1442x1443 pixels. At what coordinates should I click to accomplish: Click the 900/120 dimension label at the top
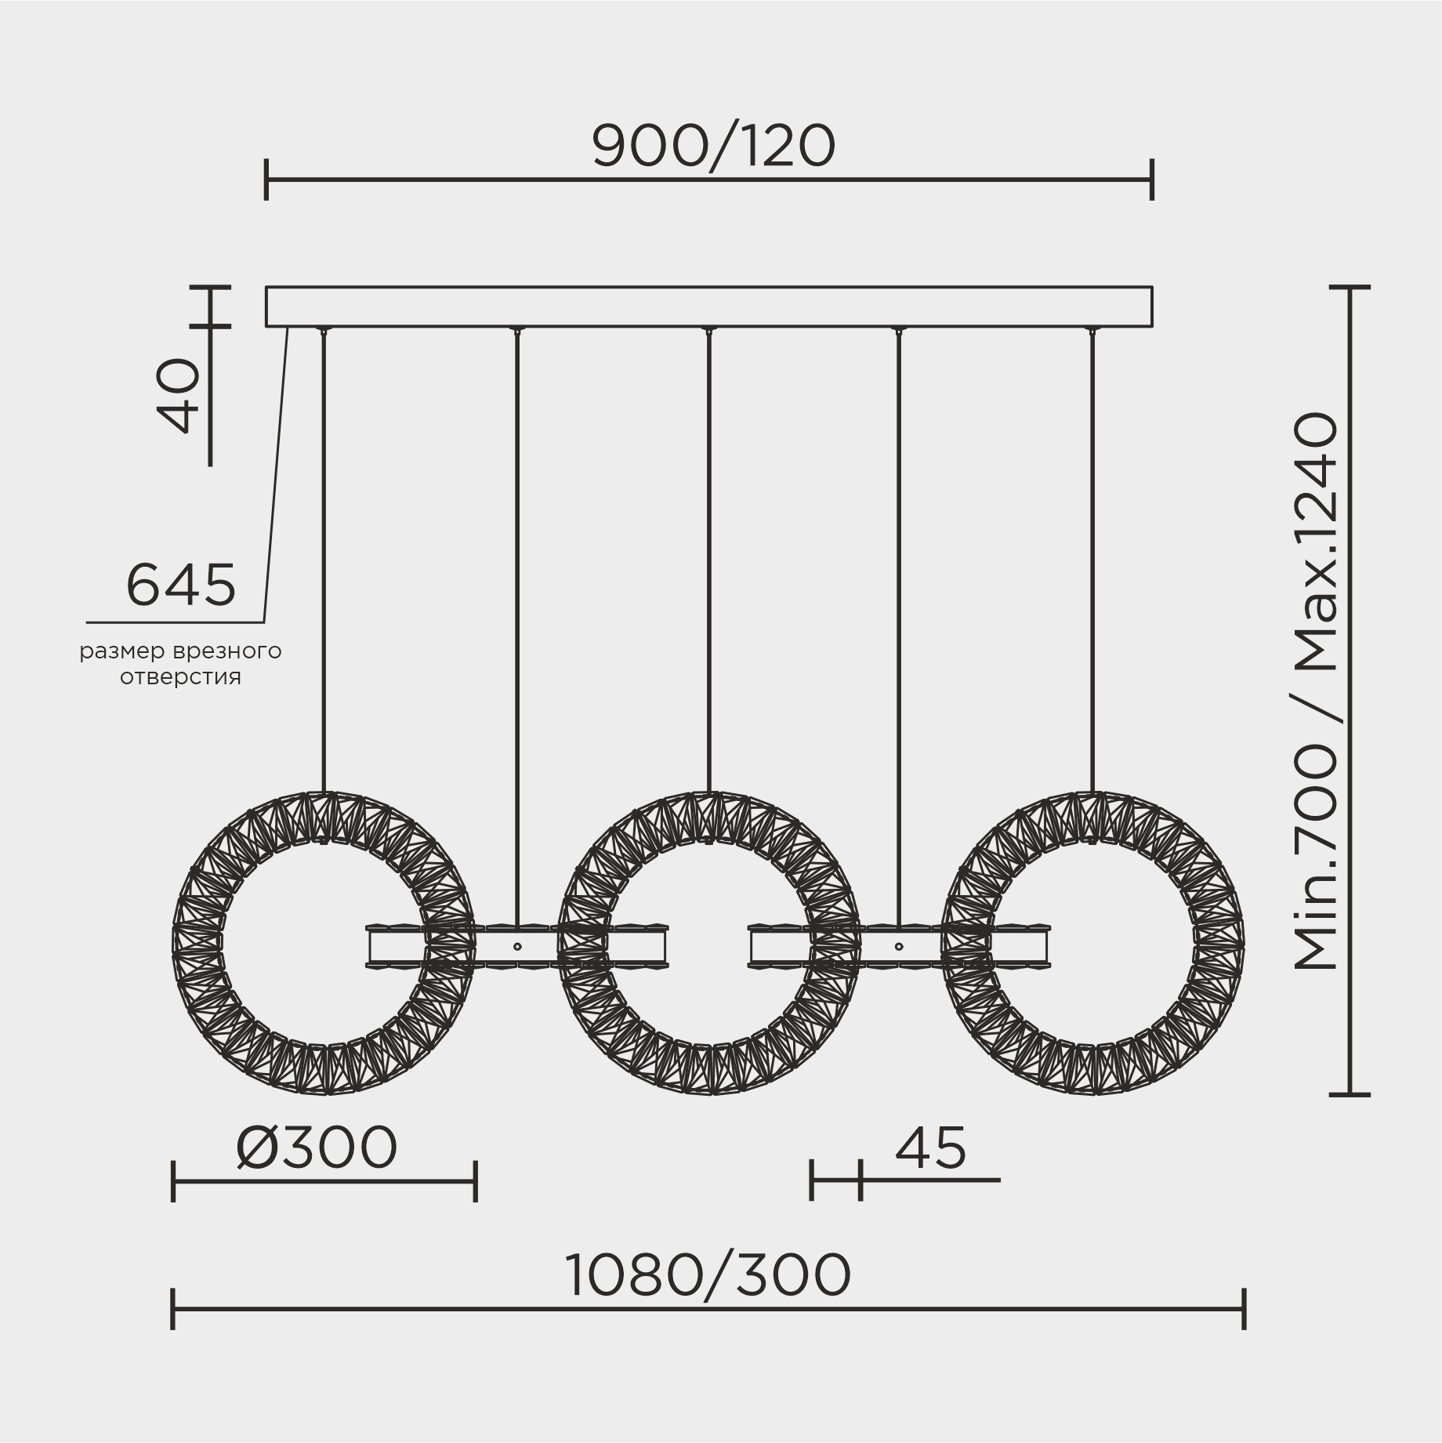713,147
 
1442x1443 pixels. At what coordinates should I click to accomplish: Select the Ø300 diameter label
317,1148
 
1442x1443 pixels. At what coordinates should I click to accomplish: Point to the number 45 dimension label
930,1148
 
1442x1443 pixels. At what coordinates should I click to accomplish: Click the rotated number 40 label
179,395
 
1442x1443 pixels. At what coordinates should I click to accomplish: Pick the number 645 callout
181,586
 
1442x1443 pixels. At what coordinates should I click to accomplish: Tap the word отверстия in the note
180,676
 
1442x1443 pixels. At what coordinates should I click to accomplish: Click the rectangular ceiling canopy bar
708,306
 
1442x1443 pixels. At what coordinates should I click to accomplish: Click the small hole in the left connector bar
517,946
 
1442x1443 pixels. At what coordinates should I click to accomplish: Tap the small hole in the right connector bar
899,946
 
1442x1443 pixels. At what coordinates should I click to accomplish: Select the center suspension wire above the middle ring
708,549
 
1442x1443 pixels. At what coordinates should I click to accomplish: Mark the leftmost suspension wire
324,549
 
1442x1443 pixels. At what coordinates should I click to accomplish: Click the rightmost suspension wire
1092,549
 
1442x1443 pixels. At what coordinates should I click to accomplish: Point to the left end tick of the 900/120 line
266,179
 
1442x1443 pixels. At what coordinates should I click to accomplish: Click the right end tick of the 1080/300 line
1245,1308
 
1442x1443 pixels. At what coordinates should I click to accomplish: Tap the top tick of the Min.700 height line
1350,288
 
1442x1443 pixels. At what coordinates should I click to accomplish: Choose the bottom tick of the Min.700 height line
1350,1093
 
